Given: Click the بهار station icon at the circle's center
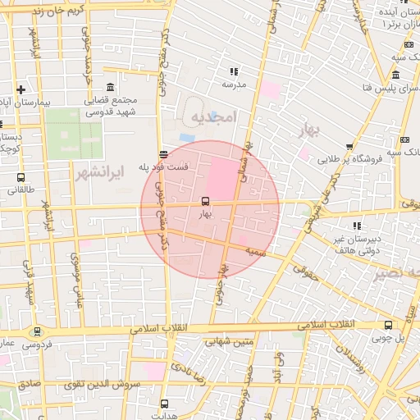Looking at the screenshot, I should tap(204, 201).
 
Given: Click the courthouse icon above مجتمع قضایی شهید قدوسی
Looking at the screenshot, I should tap(111, 88).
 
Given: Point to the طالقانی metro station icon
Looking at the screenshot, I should tap(21, 177).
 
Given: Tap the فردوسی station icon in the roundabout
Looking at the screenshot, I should tap(37, 332).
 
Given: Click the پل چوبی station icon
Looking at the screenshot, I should tap(387, 324).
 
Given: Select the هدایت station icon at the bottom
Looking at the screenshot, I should tap(164, 404).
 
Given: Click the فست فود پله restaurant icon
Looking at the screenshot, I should tap(164, 153).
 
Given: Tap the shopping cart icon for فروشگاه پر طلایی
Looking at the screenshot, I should tap(350, 147).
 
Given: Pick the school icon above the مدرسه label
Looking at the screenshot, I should tap(234, 71).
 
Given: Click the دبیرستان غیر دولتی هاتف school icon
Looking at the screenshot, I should tap(356, 225).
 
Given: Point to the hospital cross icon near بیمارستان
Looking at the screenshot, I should tap(21, 89).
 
